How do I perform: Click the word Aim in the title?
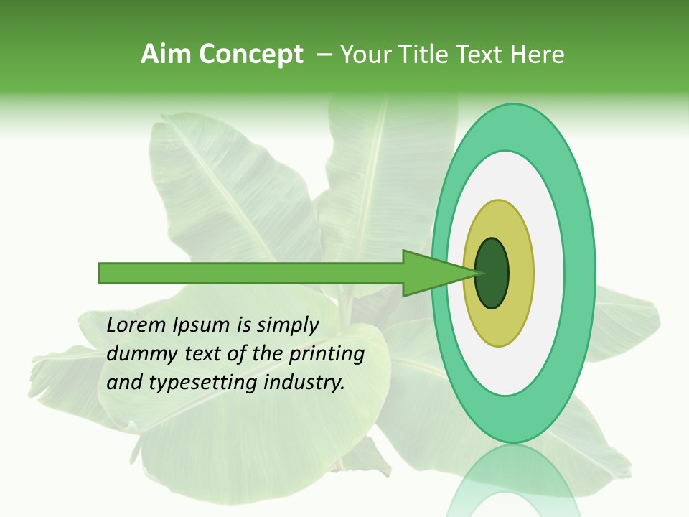167,55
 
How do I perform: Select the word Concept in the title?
250,55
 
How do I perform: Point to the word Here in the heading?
538,55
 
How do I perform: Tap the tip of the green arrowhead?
478,273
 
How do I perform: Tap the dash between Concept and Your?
324,55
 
